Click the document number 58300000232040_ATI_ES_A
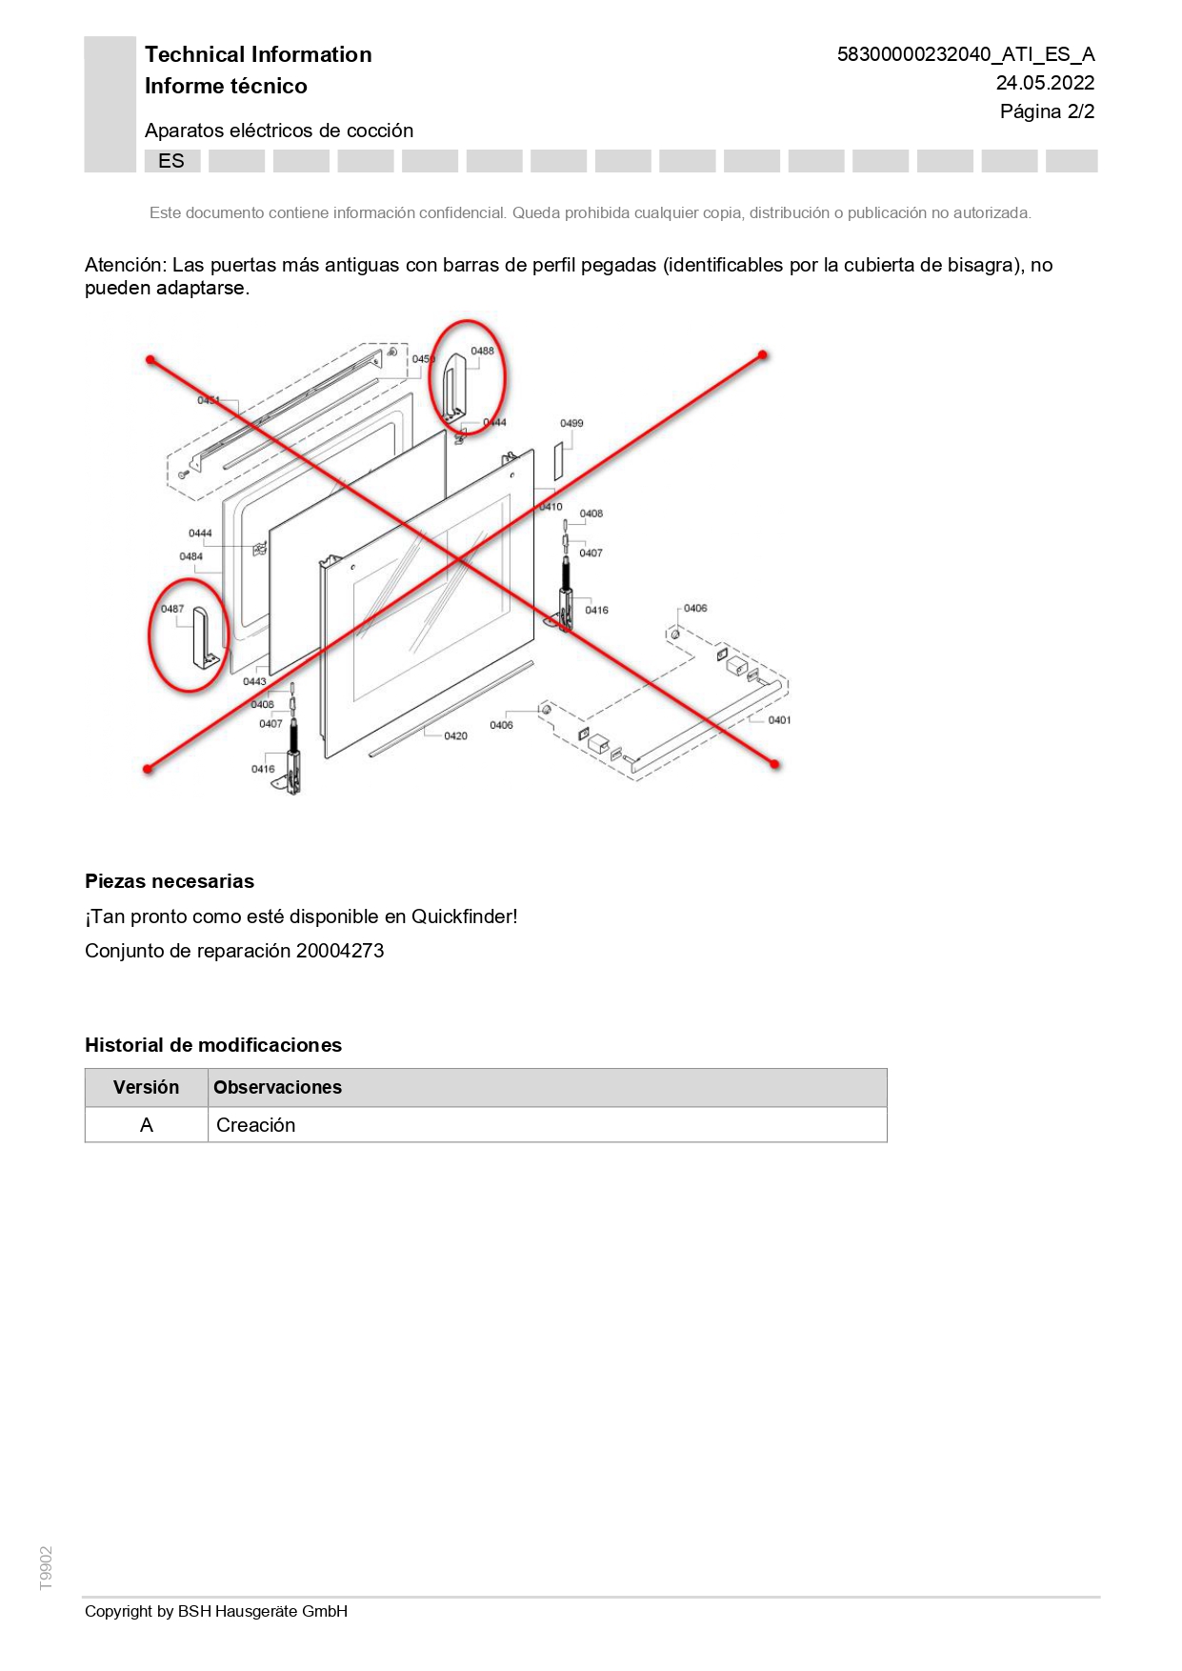tap(965, 54)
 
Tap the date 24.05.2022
tap(1045, 83)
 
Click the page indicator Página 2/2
tap(1047, 111)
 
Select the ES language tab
tap(171, 161)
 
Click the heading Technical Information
tap(258, 54)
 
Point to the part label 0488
tap(482, 351)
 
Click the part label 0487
tap(172, 609)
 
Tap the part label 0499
tap(571, 423)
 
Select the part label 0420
tap(455, 735)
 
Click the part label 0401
tap(779, 720)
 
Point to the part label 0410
tap(551, 507)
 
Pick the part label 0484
tap(190, 556)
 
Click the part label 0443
tap(254, 681)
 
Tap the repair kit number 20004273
tap(340, 951)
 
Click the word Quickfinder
tap(462, 916)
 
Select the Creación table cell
tap(256, 1125)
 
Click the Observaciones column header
tap(277, 1087)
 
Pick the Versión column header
tap(146, 1087)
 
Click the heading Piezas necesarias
tap(170, 881)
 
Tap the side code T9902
tap(46, 1568)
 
